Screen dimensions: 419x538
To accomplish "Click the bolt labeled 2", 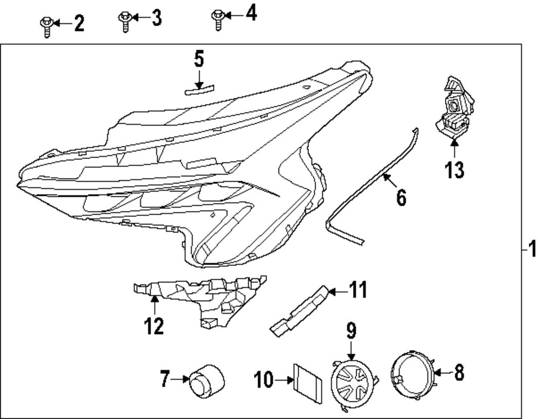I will (46, 26).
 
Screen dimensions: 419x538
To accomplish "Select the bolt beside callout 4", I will (217, 18).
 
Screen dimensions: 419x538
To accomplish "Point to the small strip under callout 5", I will (199, 89).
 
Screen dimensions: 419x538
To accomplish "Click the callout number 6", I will (401, 198).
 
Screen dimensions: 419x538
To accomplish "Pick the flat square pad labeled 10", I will (308, 381).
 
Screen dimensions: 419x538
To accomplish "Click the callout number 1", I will (532, 250).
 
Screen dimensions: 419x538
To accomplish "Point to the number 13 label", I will (454, 170).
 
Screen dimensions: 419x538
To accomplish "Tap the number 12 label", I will (153, 326).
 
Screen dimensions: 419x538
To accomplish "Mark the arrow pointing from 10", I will (282, 381).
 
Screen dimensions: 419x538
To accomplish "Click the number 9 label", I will (351, 330).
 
